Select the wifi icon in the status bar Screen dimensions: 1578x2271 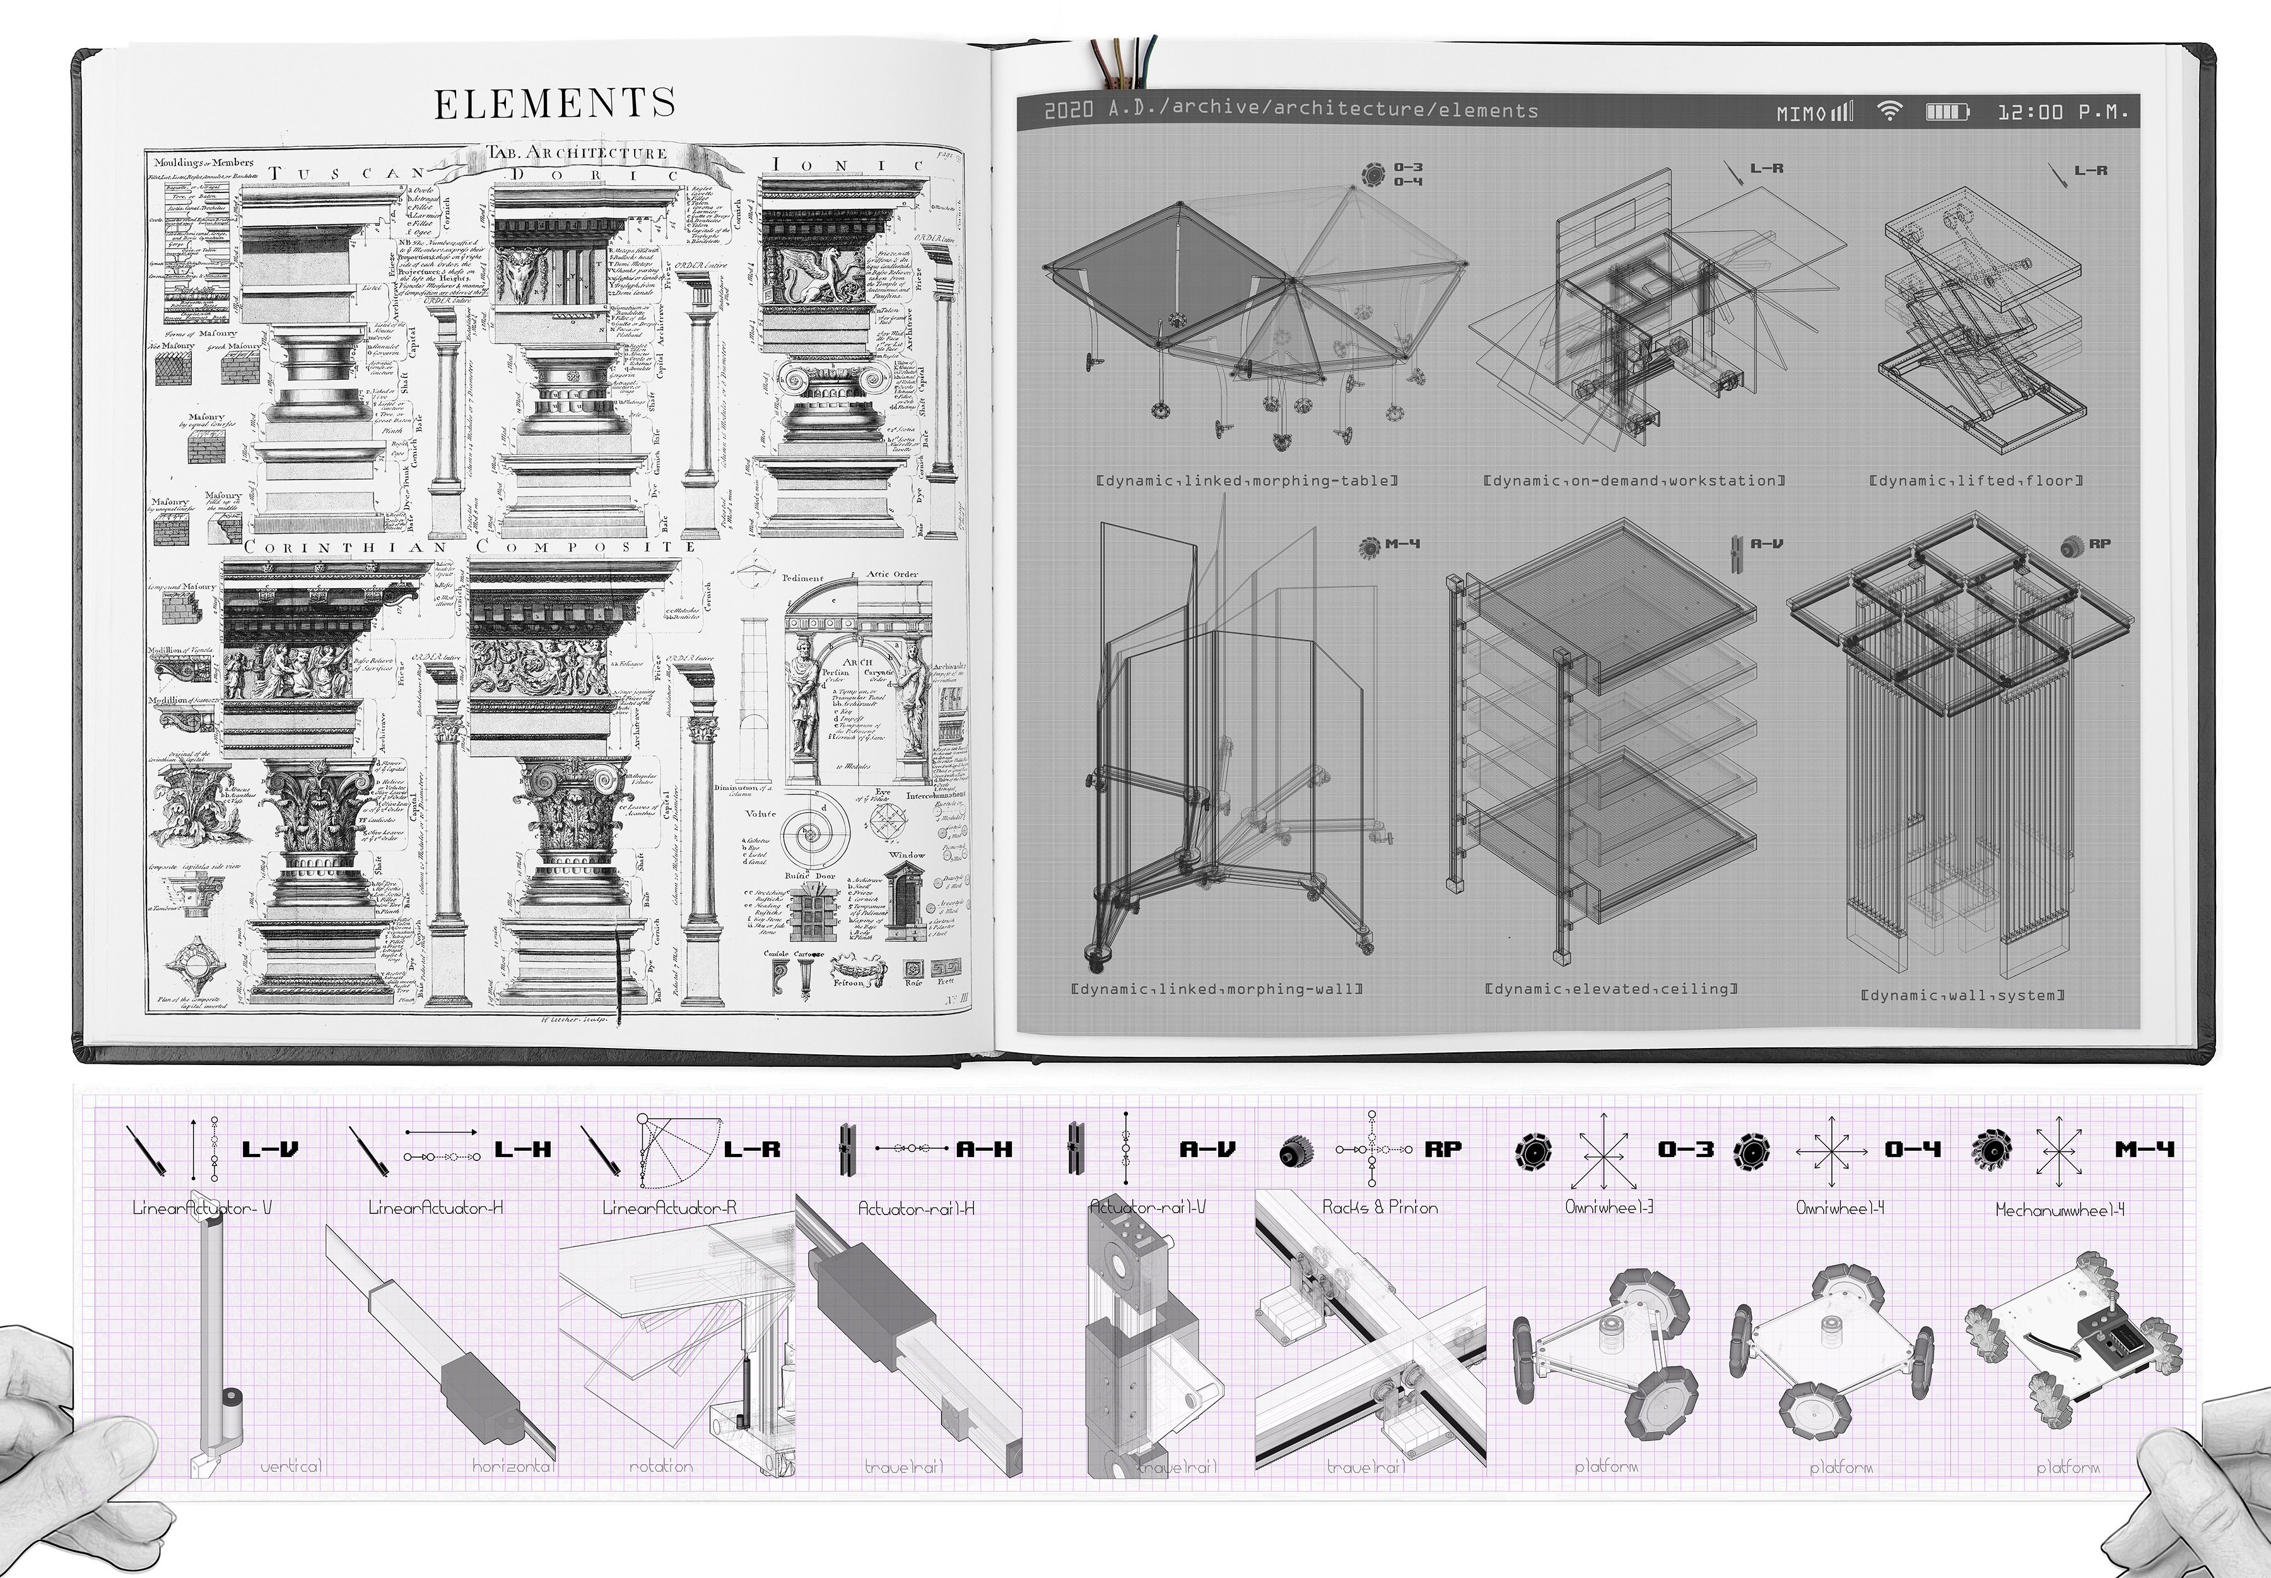tap(1889, 112)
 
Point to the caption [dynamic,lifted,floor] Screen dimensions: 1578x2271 tap(1976, 481)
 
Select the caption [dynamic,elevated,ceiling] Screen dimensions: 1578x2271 tap(1611, 989)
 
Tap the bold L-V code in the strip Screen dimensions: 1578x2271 tap(270, 1150)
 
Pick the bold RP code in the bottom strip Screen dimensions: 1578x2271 tap(1443, 1150)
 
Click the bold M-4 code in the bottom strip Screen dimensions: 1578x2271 tap(2145, 1150)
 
